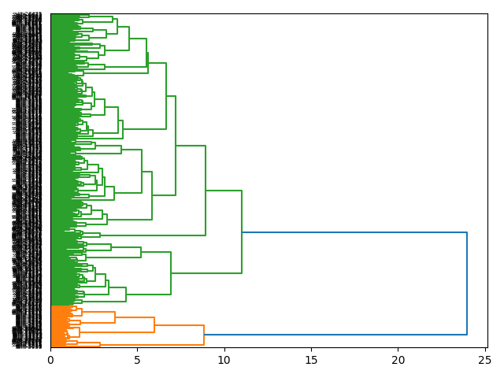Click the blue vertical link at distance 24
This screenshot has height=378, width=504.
coord(467,283)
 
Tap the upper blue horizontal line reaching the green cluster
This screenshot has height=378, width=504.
coord(354,232)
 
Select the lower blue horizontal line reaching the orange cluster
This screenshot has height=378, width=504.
coord(335,335)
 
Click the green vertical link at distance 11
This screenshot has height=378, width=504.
coord(242,232)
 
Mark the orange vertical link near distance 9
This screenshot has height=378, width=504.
coord(204,335)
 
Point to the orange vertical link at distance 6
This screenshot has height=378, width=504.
coord(154,324)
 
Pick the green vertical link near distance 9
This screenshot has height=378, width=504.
coord(206,191)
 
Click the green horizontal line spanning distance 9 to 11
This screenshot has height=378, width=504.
coord(224,191)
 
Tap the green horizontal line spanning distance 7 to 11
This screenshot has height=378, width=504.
coord(206,273)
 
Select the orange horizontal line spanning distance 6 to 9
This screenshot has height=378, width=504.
coord(179,325)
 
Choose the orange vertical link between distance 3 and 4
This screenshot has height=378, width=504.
coord(115,317)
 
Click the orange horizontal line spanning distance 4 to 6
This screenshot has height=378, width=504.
coord(135,317)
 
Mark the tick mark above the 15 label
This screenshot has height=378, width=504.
coord(311,350)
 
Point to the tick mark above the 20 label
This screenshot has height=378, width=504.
coord(398,350)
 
